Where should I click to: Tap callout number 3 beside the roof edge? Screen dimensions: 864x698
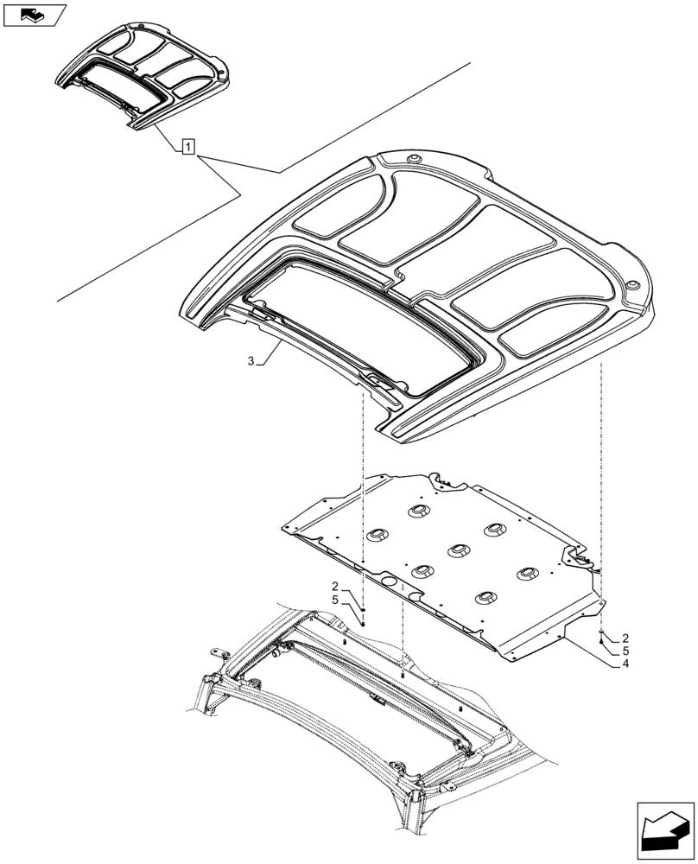[251, 363]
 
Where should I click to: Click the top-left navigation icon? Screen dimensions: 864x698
[35, 15]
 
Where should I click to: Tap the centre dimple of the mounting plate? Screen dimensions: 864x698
[455, 550]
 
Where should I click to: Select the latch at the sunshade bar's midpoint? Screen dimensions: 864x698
[377, 700]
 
